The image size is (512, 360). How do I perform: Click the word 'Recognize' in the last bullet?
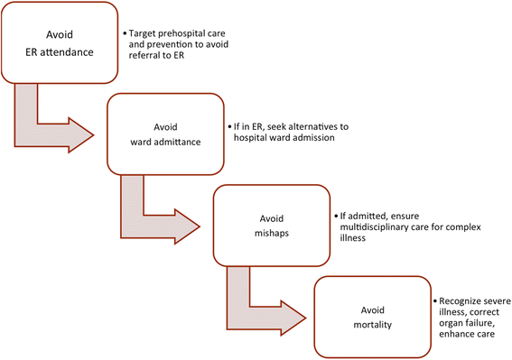[x=461, y=298]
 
